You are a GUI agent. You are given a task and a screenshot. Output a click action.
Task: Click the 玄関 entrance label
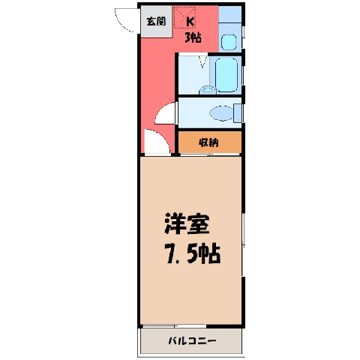tap(156, 21)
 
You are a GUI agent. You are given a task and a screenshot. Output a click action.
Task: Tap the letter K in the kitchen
tap(190, 22)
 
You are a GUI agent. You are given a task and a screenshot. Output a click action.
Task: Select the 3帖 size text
tap(193, 37)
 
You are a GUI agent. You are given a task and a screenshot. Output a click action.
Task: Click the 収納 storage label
tap(208, 142)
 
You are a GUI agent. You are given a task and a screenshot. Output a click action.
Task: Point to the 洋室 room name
tap(187, 223)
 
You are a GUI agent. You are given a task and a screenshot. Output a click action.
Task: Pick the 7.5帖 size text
tap(192, 253)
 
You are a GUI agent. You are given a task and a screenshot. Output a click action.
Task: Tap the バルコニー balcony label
tap(192, 340)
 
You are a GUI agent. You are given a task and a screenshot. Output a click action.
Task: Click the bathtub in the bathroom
tap(226, 75)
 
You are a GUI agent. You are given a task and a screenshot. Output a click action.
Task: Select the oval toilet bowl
tap(221, 113)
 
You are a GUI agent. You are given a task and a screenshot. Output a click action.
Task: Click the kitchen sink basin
tap(229, 42)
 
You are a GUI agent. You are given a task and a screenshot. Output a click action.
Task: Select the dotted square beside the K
tap(184, 17)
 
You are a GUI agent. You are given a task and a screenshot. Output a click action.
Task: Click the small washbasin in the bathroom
tap(208, 90)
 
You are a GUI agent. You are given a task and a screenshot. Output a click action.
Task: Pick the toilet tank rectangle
tap(238, 113)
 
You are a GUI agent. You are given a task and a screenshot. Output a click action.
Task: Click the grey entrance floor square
tap(157, 22)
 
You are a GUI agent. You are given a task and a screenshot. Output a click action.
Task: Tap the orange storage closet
tap(210, 142)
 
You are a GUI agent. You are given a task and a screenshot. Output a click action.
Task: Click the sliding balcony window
tap(174, 326)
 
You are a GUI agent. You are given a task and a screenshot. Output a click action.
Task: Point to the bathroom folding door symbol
tap(202, 61)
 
